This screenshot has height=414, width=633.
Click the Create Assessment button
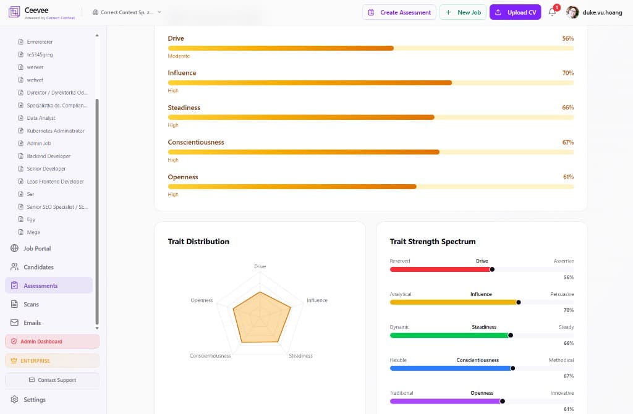pos(399,12)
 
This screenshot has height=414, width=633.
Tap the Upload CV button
pos(516,12)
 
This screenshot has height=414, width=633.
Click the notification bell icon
pos(552,12)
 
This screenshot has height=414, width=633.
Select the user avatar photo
pos(572,12)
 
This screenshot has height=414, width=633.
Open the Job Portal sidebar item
pos(37,248)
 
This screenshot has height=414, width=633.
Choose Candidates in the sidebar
pos(38,267)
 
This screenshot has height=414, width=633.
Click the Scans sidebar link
pos(31,304)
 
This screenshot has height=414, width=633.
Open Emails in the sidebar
pos(32,323)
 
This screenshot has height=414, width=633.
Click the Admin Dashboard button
pos(52,341)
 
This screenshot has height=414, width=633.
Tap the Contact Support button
pos(52,380)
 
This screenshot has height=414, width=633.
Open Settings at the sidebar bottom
pos(35,399)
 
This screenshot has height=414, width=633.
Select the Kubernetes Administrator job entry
pos(56,131)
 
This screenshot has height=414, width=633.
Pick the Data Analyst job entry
pos(41,118)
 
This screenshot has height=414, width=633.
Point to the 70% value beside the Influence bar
pos(567,73)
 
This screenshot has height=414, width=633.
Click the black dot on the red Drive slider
pos(492,269)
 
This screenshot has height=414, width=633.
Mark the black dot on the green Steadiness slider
pos(510,335)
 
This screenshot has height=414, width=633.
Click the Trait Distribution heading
pos(198,242)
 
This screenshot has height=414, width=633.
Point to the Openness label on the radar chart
pos(202,300)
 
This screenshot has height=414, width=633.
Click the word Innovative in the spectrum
pos(562,393)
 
